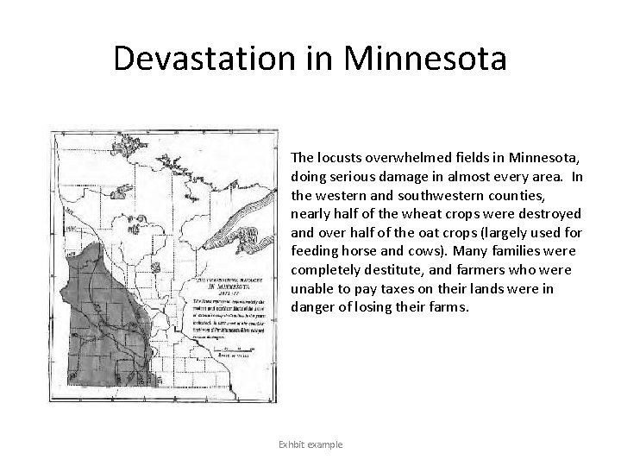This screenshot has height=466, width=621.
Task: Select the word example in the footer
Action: click(327, 444)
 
